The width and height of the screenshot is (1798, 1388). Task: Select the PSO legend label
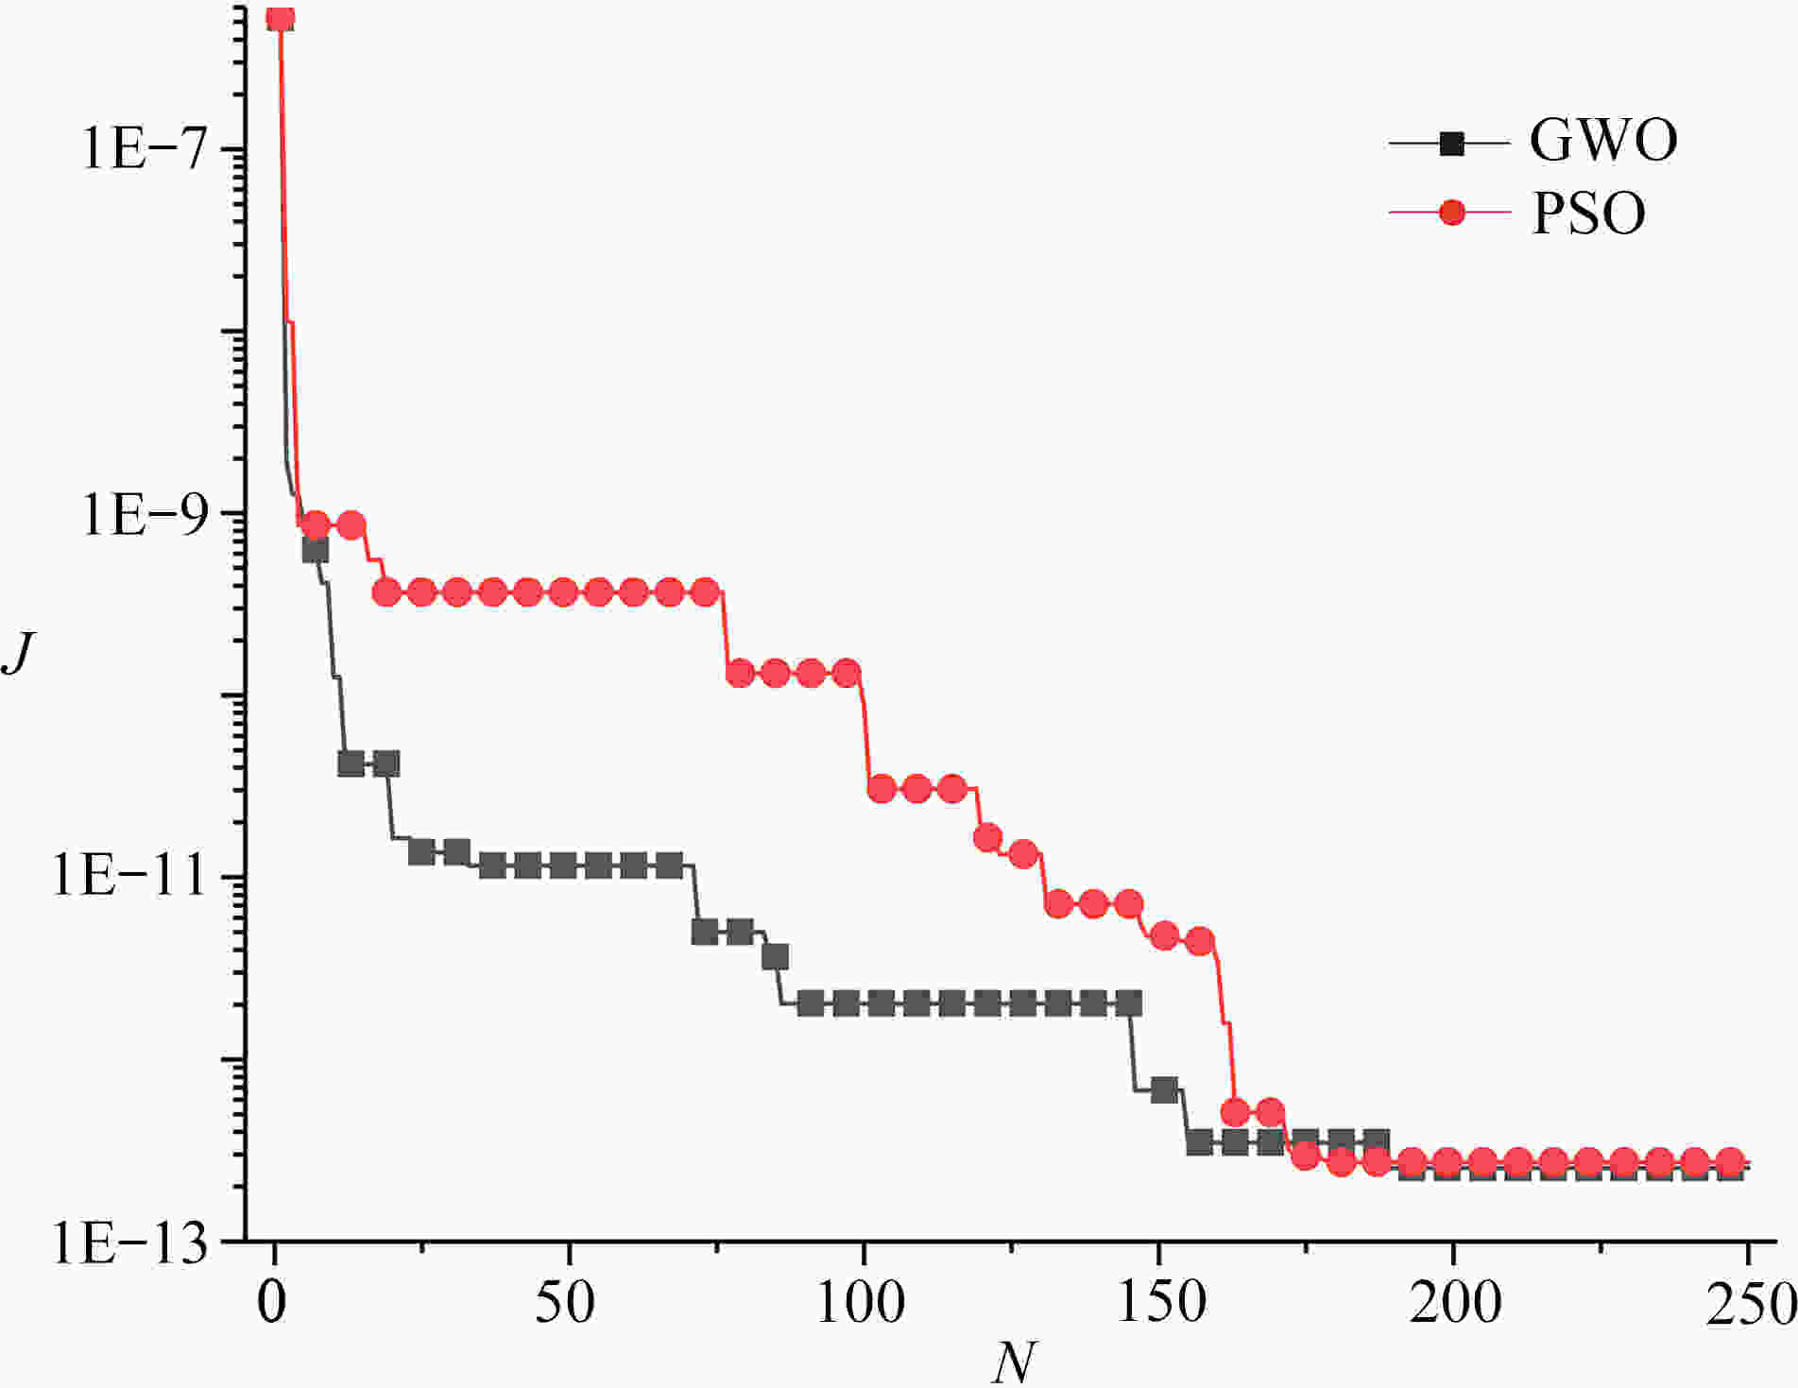[x=1588, y=214]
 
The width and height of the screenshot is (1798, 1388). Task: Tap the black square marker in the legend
[x=1451, y=145]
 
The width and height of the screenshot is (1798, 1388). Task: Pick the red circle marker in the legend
[x=1451, y=214]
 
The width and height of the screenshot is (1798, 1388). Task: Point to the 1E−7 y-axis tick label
[x=144, y=149]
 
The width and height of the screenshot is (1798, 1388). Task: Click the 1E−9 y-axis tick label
[x=144, y=515]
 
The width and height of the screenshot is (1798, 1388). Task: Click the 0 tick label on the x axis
[x=273, y=1303]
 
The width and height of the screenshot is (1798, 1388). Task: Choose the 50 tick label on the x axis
[x=566, y=1303]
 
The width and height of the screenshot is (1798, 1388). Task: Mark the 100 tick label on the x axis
[x=861, y=1303]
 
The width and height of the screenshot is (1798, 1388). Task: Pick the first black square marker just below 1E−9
[x=315, y=549]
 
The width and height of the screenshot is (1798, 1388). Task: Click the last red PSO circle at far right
[x=1730, y=1161]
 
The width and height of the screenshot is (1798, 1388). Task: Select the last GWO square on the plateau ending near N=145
[x=1128, y=1003]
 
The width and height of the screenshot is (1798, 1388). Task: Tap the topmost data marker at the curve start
[x=280, y=18]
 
